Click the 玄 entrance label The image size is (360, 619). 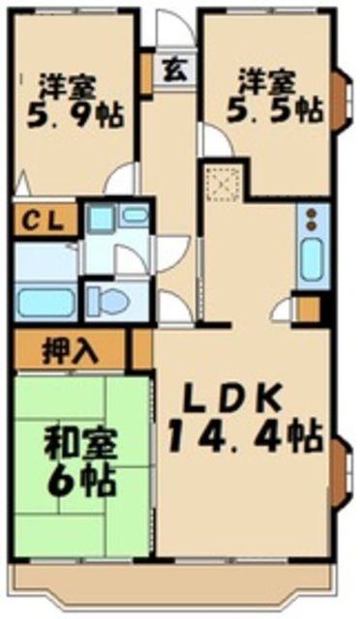pyautogui.click(x=175, y=70)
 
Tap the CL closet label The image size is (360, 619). pyautogui.click(x=43, y=218)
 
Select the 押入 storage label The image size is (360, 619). pyautogui.click(x=71, y=350)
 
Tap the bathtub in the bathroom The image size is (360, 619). pyautogui.click(x=46, y=301)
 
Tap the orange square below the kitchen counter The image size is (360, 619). pyautogui.click(x=309, y=309)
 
